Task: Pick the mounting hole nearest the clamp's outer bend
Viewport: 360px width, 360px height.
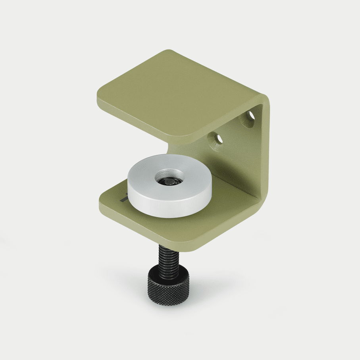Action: [249, 119]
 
